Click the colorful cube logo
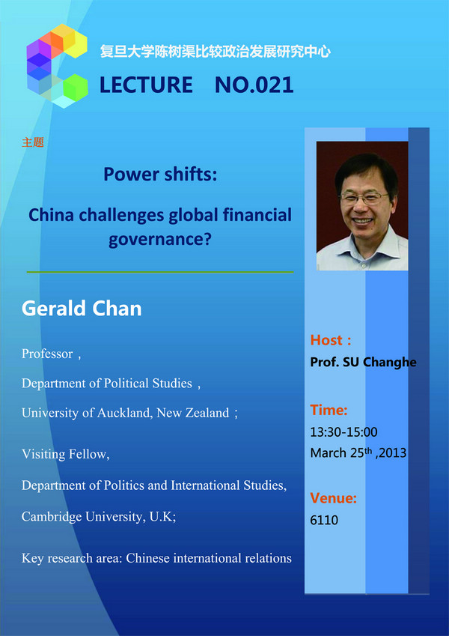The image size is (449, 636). pyautogui.click(x=57, y=66)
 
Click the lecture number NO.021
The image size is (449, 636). pyautogui.click(x=254, y=85)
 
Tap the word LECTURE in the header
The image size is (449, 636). pyautogui.click(x=146, y=85)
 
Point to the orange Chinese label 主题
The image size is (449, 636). pyautogui.click(x=33, y=142)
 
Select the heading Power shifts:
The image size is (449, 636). pyautogui.click(x=160, y=175)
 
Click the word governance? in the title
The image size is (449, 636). pyautogui.click(x=160, y=240)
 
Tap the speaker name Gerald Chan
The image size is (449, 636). pyautogui.click(x=82, y=309)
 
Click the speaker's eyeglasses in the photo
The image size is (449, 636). pyautogui.click(x=364, y=198)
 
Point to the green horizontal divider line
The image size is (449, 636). pyautogui.click(x=160, y=272)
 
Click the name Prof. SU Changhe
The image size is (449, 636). pyautogui.click(x=363, y=362)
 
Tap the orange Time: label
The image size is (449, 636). pyautogui.click(x=329, y=410)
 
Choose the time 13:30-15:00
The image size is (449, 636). pyautogui.click(x=343, y=432)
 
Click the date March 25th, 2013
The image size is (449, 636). pyautogui.click(x=358, y=452)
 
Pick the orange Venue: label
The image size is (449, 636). pyautogui.click(x=334, y=497)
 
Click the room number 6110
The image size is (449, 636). pyautogui.click(x=324, y=520)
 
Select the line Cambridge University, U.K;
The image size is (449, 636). pyautogui.click(x=99, y=516)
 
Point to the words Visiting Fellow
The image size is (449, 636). pyautogui.click(x=66, y=454)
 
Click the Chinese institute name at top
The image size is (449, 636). pyautogui.click(x=216, y=52)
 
